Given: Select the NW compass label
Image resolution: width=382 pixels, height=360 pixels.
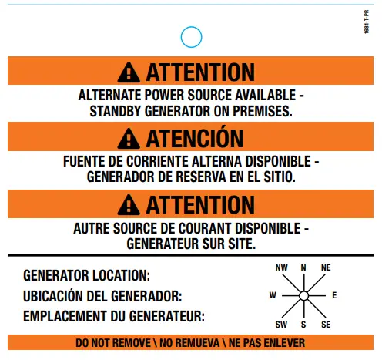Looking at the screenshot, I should pyautogui.click(x=281, y=267).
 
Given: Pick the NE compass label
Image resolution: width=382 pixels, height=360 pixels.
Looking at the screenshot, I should pyautogui.click(x=326, y=267).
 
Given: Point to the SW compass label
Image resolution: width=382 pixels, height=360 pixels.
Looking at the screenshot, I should pyautogui.click(x=281, y=325).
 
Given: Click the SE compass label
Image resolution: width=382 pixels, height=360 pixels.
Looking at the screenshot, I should pyautogui.click(x=326, y=325).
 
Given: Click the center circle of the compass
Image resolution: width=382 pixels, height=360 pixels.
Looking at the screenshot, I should pyautogui.click(x=303, y=296).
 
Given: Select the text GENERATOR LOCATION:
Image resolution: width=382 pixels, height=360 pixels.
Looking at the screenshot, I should pyautogui.click(x=87, y=275).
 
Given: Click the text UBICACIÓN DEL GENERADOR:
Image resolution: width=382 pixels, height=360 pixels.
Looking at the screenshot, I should pyautogui.click(x=102, y=296).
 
